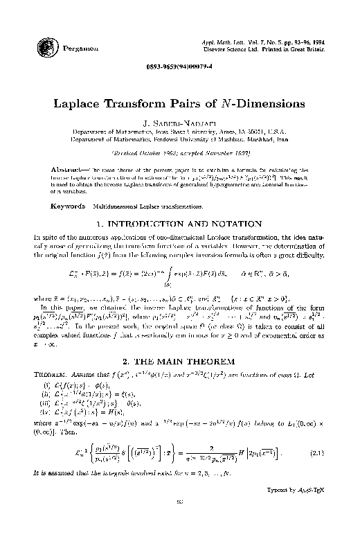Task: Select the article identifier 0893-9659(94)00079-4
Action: (x=179, y=74)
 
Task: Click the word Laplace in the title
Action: (x=79, y=104)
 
